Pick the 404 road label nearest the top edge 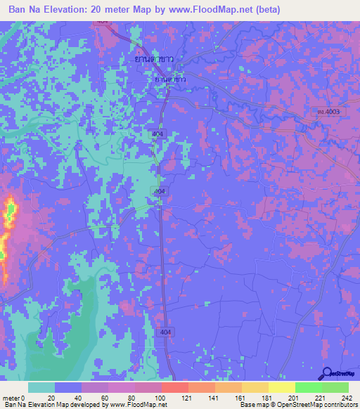104,22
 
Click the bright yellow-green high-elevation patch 11,209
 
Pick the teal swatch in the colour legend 41,387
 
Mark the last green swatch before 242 335,387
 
